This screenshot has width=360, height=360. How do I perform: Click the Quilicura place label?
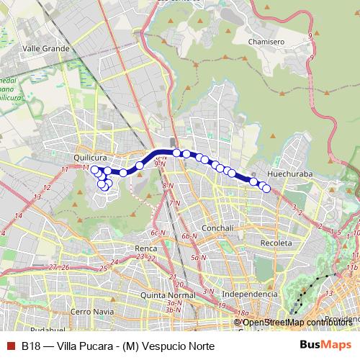(x=90, y=154)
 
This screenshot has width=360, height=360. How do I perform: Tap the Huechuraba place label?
(x=288, y=174)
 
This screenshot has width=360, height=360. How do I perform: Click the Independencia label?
(x=249, y=294)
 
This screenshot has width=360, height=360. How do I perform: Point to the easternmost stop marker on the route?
(x=266, y=189)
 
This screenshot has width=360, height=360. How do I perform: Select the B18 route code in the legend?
(x=30, y=345)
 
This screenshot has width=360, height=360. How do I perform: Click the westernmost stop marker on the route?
(x=94, y=170)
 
